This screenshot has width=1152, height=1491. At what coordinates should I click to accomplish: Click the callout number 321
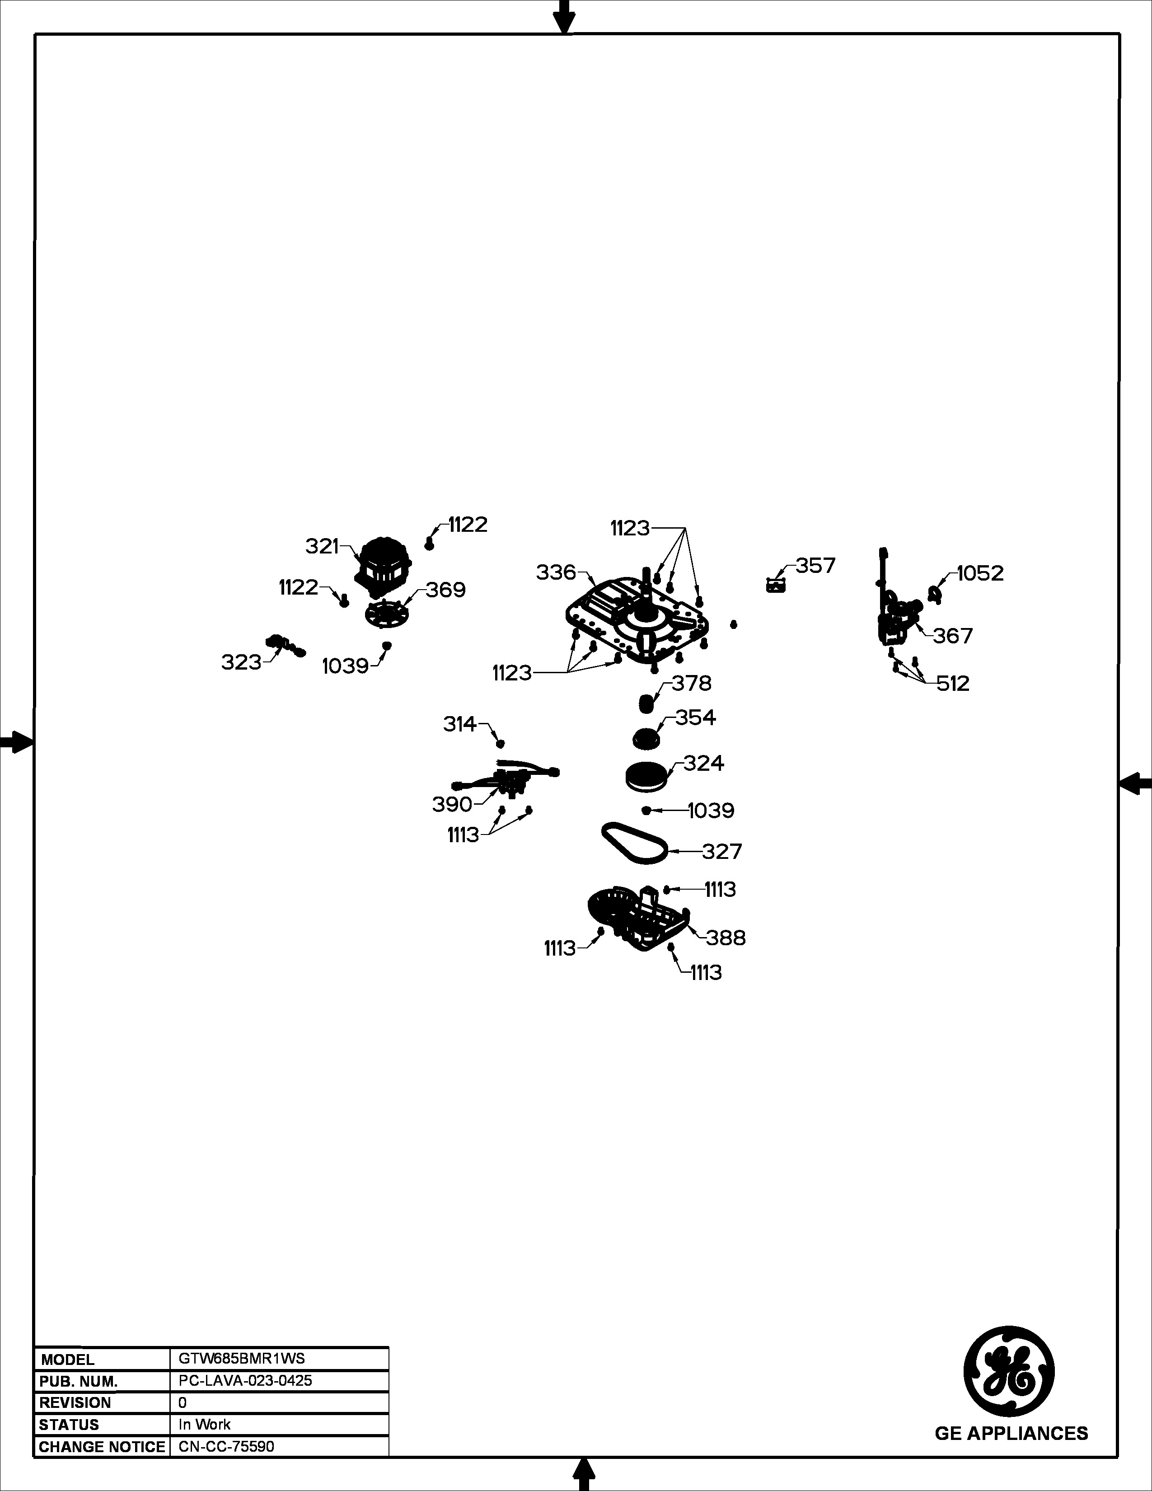pyautogui.click(x=322, y=546)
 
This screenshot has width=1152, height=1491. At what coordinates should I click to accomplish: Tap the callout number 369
pyautogui.click(x=445, y=590)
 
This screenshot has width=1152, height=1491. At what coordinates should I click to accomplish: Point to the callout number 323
pyautogui.click(x=242, y=662)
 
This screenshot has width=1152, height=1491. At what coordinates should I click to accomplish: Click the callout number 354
pyautogui.click(x=695, y=717)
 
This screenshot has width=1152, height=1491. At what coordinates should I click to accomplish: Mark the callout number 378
pyautogui.click(x=691, y=683)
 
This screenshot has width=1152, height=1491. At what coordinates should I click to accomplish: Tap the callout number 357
pyautogui.click(x=815, y=566)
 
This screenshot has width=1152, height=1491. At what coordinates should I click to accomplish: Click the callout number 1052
pyautogui.click(x=980, y=573)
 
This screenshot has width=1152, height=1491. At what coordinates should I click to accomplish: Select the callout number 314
pyautogui.click(x=460, y=724)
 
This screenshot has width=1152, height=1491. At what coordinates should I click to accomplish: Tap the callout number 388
pyautogui.click(x=726, y=938)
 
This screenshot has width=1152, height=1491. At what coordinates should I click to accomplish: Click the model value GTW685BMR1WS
pyautogui.click(x=242, y=1359)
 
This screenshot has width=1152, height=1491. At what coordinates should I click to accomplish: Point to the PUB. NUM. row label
pyautogui.click(x=79, y=1381)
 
